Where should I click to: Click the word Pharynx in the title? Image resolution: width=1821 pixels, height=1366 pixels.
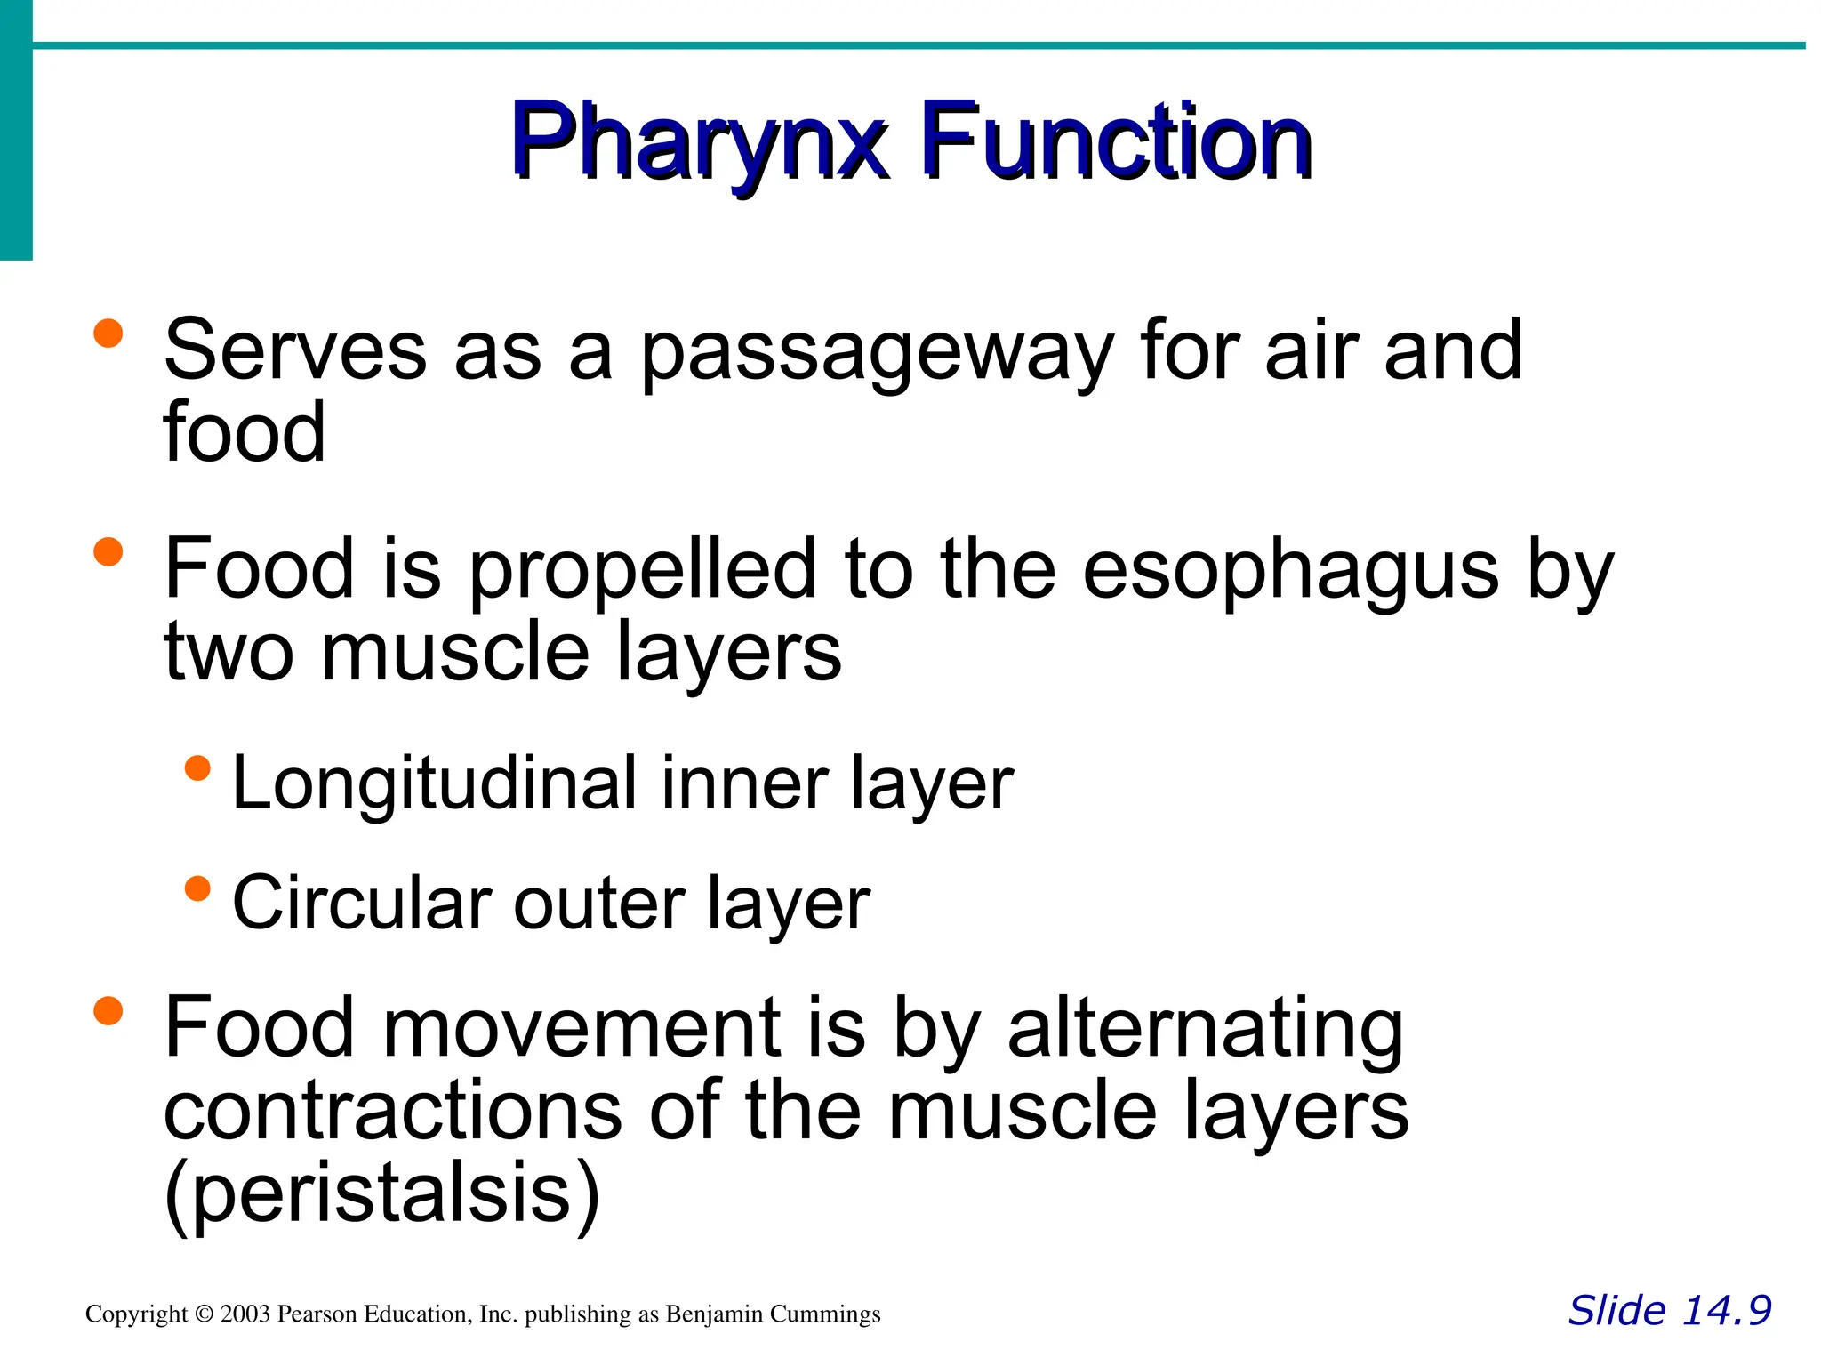tap(699, 142)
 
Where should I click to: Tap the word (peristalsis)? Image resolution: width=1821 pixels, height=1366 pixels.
tap(382, 1193)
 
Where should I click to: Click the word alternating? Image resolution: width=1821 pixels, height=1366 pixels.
tap(1205, 1030)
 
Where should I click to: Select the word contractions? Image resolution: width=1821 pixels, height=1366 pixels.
tap(392, 1112)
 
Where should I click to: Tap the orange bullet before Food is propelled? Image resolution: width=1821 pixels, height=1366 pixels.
tap(108, 551)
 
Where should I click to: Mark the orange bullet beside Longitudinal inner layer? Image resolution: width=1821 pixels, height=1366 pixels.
tap(197, 768)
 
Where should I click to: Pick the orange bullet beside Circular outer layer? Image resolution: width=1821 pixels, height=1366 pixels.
tap(197, 888)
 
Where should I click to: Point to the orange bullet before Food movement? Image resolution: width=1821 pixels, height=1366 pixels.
tap(108, 1010)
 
